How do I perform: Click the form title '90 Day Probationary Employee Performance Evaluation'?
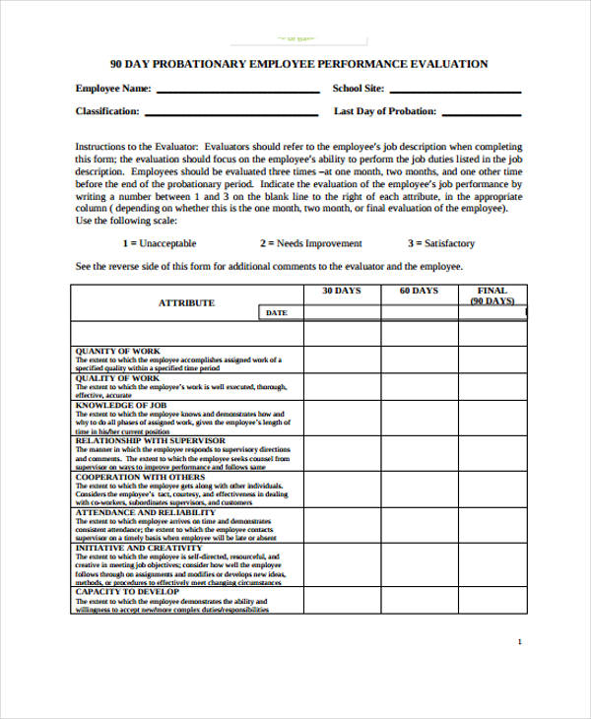coord(298,64)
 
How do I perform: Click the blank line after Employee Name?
coord(238,91)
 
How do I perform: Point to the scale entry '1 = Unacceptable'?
coord(159,243)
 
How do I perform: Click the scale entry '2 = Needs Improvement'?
coord(310,243)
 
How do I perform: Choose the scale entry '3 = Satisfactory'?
coord(440,243)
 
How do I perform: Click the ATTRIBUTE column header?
coord(186,302)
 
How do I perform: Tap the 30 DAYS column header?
coord(342,292)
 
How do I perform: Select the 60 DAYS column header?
coord(419,292)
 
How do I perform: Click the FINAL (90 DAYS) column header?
coord(492,295)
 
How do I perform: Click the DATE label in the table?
coord(277,313)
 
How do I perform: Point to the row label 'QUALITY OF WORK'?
coord(117,378)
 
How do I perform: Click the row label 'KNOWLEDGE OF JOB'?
coord(121,405)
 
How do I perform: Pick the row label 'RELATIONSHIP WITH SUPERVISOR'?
coord(150,440)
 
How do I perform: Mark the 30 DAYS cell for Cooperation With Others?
coord(342,489)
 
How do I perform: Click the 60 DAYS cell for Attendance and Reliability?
coord(419,524)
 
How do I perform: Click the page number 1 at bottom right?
coord(519,641)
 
